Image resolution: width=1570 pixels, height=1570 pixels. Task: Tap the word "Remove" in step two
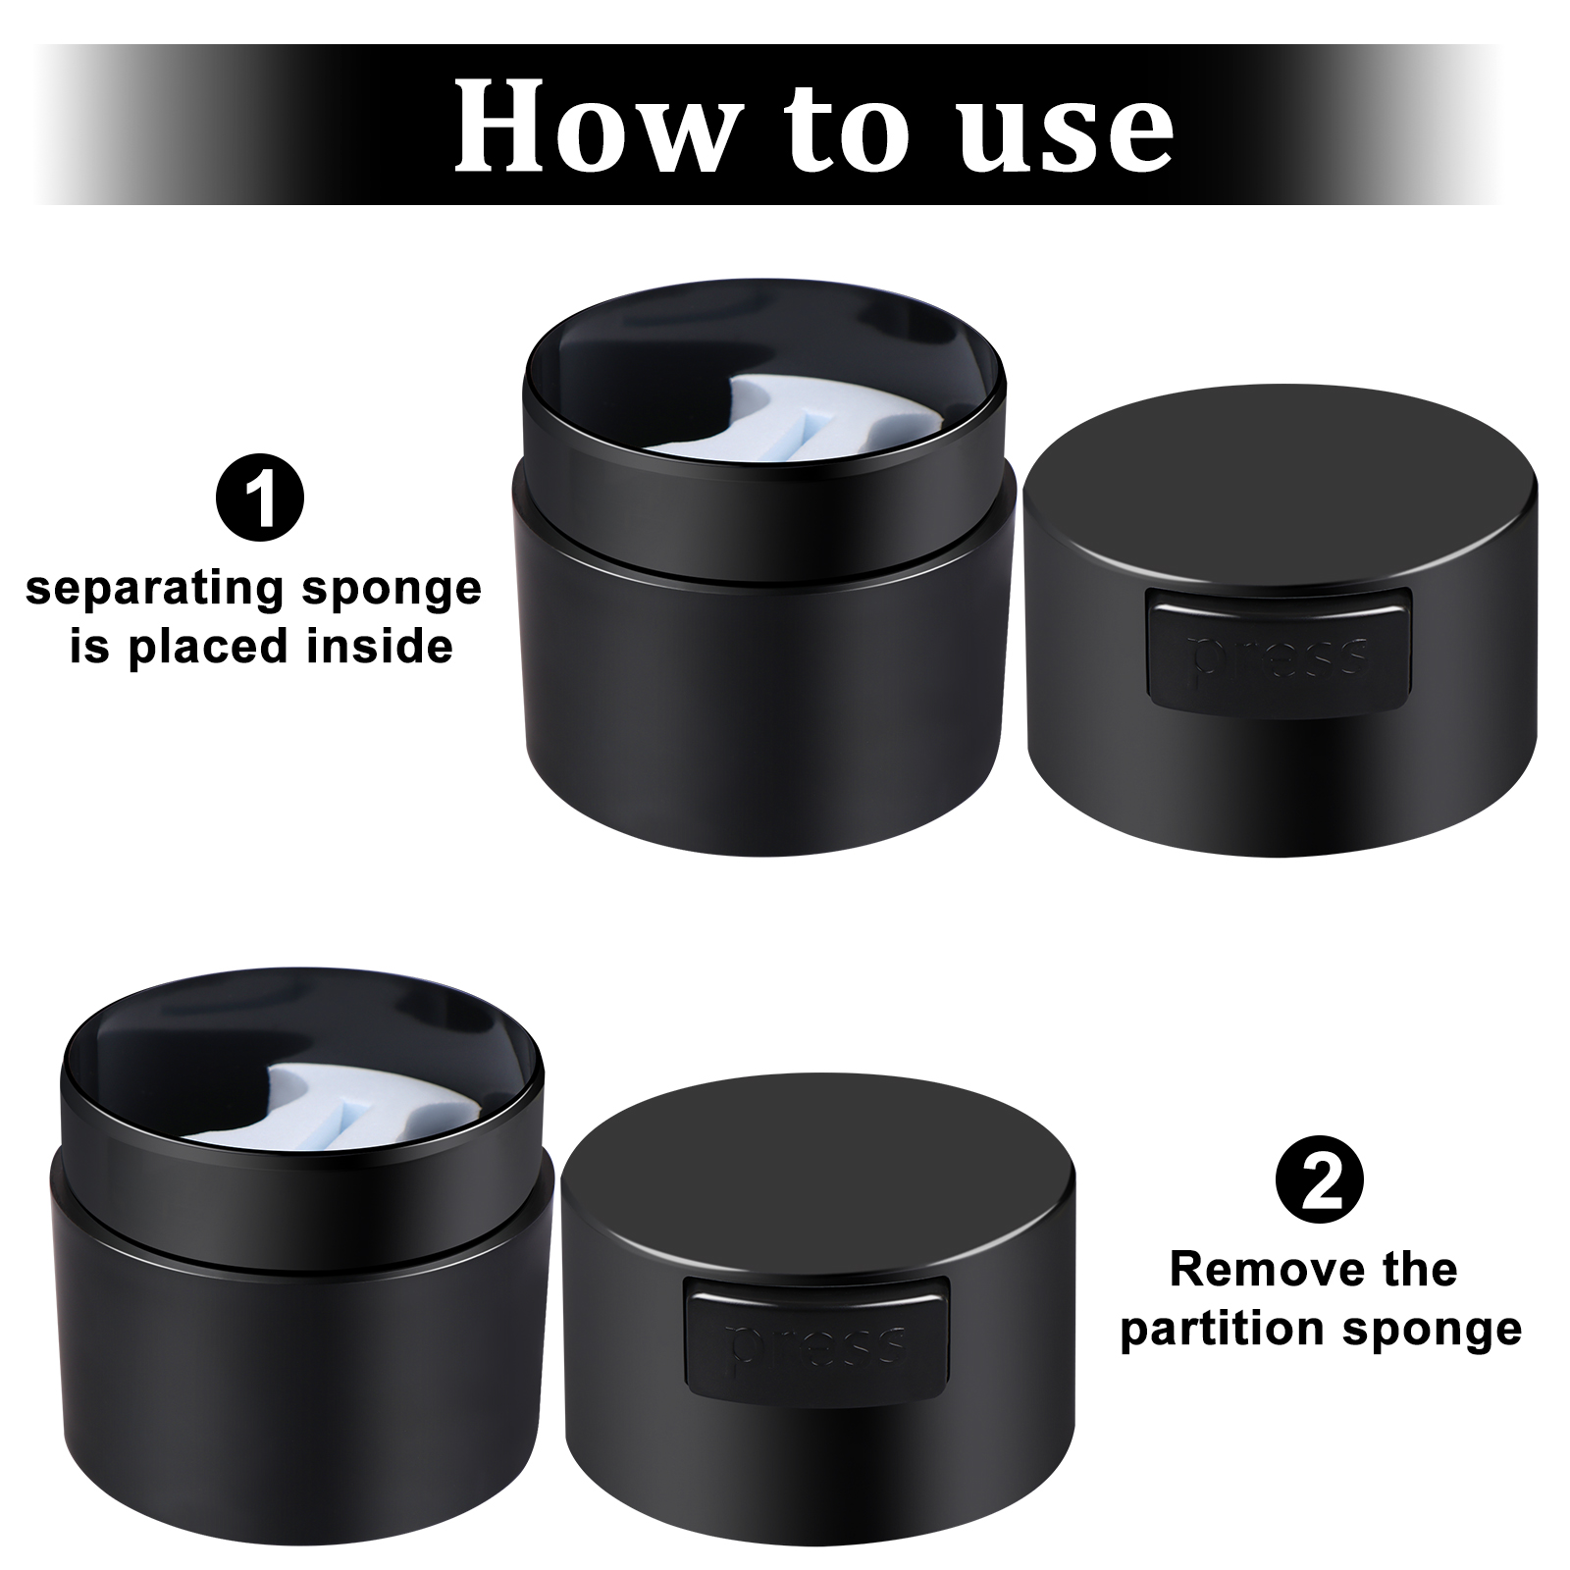pyautogui.click(x=1245, y=1271)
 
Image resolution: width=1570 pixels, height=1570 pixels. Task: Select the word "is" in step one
pyautogui.click(x=90, y=648)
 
